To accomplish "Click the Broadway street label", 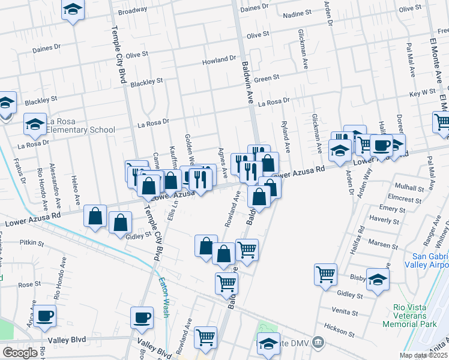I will [x=133, y=11].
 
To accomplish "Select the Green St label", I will [x=267, y=78].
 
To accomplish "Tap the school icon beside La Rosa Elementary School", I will [x=35, y=124].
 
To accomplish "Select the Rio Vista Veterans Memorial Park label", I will [x=415, y=316].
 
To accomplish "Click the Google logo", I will [x=19, y=352].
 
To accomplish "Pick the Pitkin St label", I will [x=32, y=243].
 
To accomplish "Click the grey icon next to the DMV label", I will [x=318, y=343].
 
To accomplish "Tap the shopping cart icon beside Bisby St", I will [x=325, y=274].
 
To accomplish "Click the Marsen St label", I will [x=379, y=244].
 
